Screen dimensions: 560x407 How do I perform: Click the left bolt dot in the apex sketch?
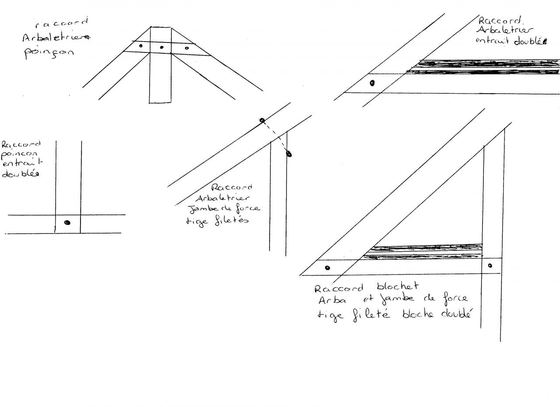click(140, 46)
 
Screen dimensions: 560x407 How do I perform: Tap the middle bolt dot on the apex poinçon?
click(162, 47)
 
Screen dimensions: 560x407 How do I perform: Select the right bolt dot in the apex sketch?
click(187, 48)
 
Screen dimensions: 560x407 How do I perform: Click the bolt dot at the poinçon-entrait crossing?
click(67, 223)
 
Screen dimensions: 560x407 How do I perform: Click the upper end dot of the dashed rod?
click(262, 120)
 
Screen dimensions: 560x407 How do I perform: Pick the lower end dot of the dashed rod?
click(289, 154)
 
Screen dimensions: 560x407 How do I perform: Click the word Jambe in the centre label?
click(200, 209)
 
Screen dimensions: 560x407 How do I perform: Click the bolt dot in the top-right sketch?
click(372, 83)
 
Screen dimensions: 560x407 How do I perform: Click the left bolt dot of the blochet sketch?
click(328, 268)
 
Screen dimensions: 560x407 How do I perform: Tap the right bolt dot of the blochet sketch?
click(490, 265)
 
